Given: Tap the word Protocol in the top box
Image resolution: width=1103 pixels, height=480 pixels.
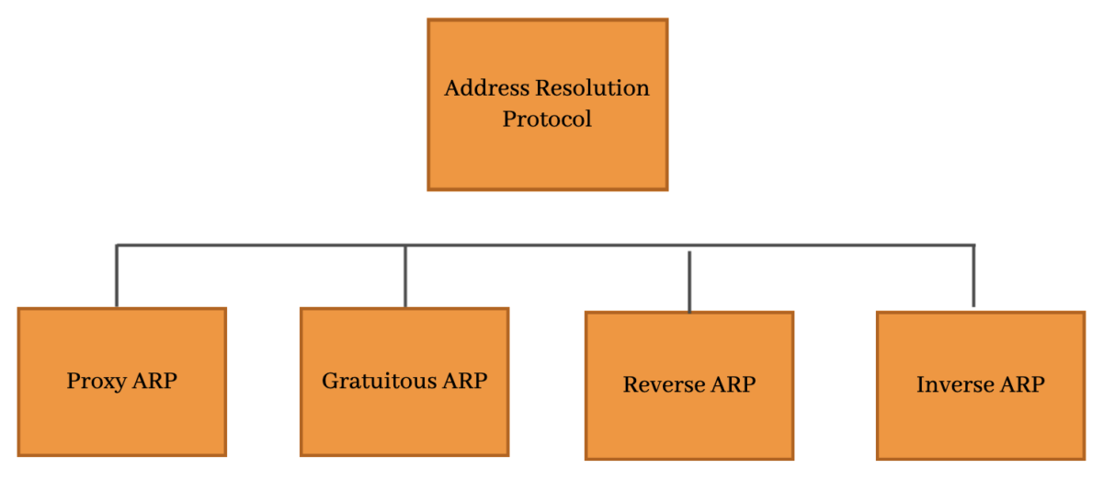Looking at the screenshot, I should (x=547, y=119).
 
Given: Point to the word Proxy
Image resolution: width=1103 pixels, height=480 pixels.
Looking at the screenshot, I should (x=96, y=381).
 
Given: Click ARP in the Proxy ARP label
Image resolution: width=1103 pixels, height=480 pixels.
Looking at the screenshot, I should (x=154, y=381).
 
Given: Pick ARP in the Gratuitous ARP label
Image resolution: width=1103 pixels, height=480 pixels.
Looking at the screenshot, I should (x=464, y=381).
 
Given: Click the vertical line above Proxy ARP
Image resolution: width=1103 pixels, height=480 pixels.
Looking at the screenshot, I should (x=117, y=276).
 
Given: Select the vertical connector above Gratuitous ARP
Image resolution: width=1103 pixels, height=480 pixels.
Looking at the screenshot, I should (x=405, y=276).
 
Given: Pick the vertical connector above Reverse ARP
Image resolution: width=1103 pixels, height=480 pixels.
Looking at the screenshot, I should (x=689, y=280).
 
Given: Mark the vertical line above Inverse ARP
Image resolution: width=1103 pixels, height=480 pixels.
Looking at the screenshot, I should (x=973, y=276).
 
